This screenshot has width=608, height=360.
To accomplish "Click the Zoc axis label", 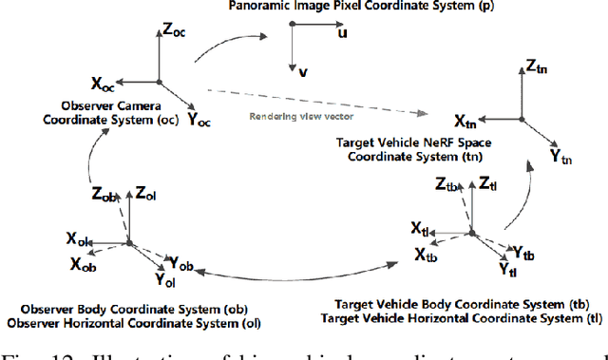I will (x=175, y=29).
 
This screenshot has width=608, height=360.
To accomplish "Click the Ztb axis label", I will (x=447, y=184).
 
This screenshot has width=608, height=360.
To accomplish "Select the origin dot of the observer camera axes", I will (x=159, y=82).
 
